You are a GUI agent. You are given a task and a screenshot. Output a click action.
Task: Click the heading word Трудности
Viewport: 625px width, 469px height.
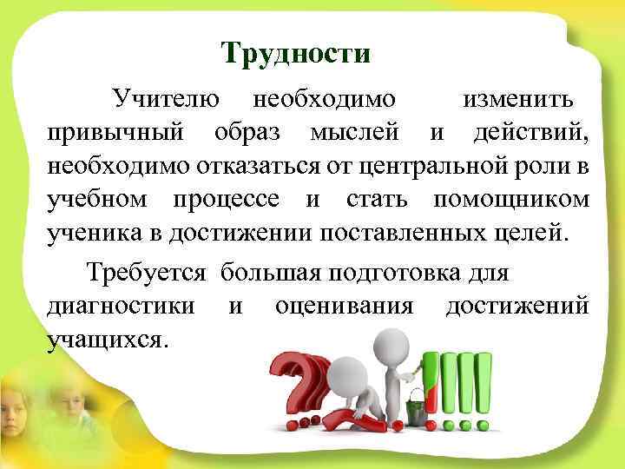pyautogui.click(x=296, y=54)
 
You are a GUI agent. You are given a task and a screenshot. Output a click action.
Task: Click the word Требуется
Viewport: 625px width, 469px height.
pyautogui.click(x=146, y=273)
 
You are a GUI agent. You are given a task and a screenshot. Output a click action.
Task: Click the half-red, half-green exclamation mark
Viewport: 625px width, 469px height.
pyautogui.click(x=431, y=382)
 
